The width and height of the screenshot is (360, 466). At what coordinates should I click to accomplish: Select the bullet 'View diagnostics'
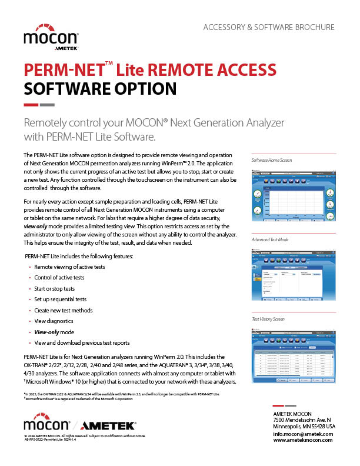(x=54, y=321)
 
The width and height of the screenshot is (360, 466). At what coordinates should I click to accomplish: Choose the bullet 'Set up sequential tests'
(x=60, y=299)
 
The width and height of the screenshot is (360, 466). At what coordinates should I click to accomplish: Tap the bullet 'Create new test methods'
(x=64, y=310)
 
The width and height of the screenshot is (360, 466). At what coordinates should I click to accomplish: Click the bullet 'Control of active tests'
(x=59, y=278)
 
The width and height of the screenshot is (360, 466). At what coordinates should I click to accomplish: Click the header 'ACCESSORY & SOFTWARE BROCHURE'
(x=268, y=27)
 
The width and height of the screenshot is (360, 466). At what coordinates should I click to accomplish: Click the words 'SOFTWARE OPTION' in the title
(x=100, y=89)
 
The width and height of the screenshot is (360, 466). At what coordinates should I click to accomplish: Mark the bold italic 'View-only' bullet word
(x=47, y=332)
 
